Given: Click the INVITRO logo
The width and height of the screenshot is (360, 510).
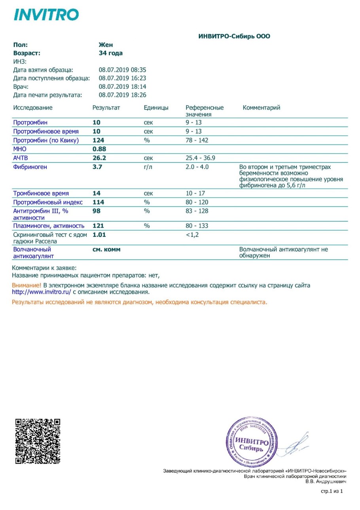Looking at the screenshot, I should point(46,15).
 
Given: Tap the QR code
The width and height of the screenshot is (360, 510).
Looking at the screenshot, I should point(38,441).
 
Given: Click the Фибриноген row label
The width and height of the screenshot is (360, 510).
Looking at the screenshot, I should point(30,167).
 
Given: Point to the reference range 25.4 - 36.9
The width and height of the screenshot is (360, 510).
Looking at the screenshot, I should point(201,158).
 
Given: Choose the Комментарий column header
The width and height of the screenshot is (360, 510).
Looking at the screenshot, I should point(261,108).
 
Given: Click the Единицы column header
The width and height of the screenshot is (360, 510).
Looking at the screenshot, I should point(156,108).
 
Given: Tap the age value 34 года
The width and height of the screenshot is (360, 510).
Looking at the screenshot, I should point(110,53).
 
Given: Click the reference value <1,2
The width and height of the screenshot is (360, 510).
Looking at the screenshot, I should point(193,234).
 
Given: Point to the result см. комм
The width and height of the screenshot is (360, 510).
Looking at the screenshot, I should point(106,249).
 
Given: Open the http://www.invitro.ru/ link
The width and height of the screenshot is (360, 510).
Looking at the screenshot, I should point(42,292).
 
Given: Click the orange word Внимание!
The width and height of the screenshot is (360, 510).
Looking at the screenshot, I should point(27,285).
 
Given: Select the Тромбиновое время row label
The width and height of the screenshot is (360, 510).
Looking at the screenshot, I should point(41,193).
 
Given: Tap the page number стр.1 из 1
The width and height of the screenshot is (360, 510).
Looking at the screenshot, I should point(331,491).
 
